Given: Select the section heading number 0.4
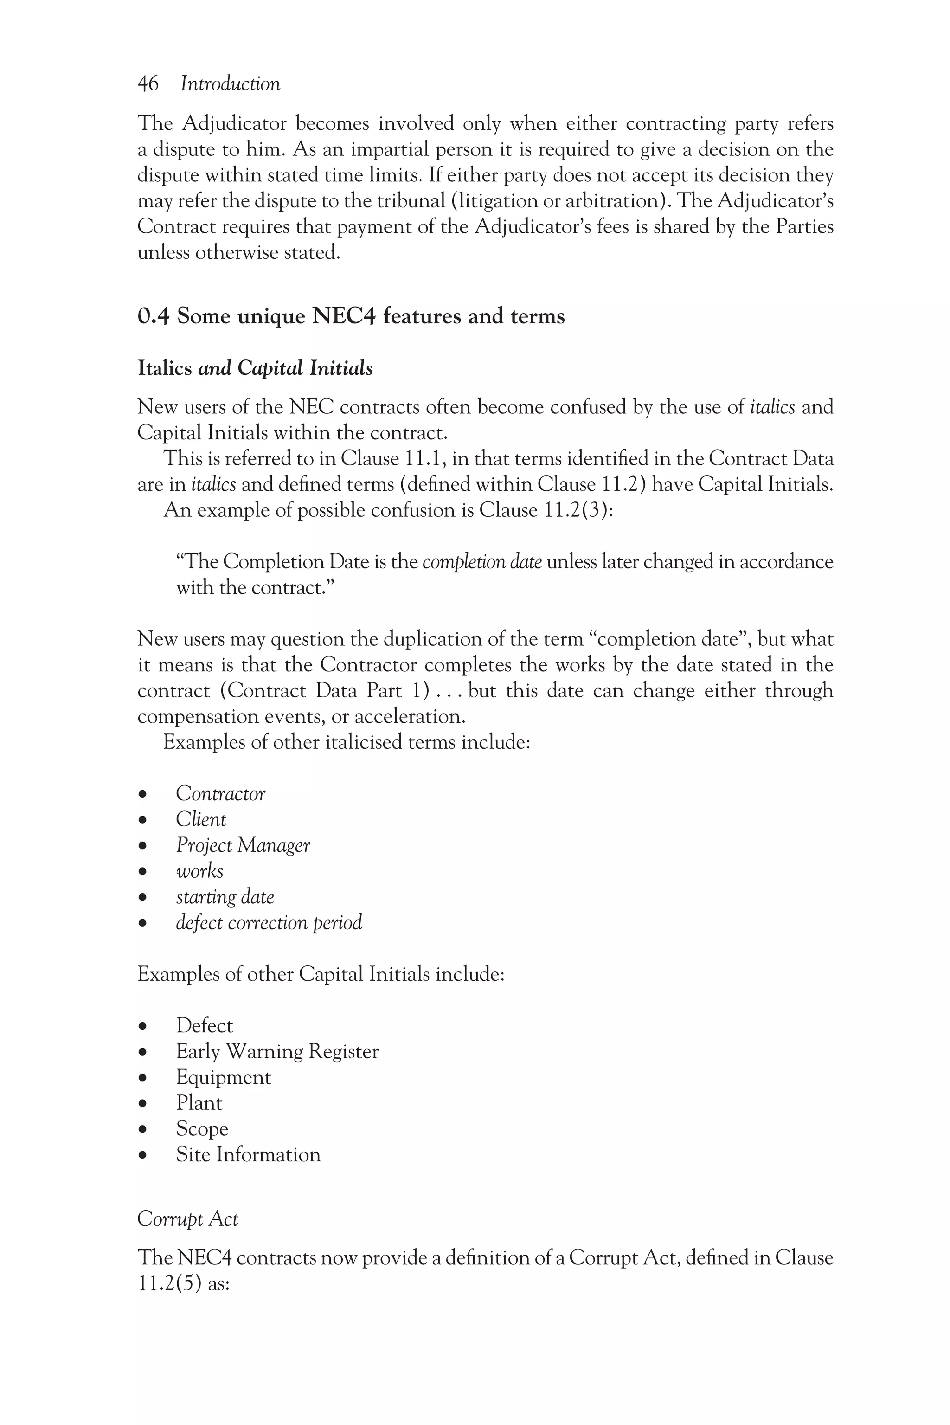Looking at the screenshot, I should click(153, 316).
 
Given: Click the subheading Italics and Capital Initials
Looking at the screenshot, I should click(255, 368).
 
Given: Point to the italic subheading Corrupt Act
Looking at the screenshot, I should click(188, 1219).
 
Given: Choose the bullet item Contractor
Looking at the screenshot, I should click(220, 794).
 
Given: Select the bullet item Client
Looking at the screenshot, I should click(200, 819).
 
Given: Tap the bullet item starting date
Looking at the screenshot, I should click(225, 897).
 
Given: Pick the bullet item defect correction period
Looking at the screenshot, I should click(269, 922).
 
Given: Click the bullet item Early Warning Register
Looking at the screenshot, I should click(277, 1051).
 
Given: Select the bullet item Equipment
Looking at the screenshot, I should click(224, 1077).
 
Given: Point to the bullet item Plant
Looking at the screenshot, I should click(199, 1103).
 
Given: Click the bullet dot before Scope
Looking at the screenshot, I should click(143, 1130).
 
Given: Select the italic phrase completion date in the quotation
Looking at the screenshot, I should click(481, 562).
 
